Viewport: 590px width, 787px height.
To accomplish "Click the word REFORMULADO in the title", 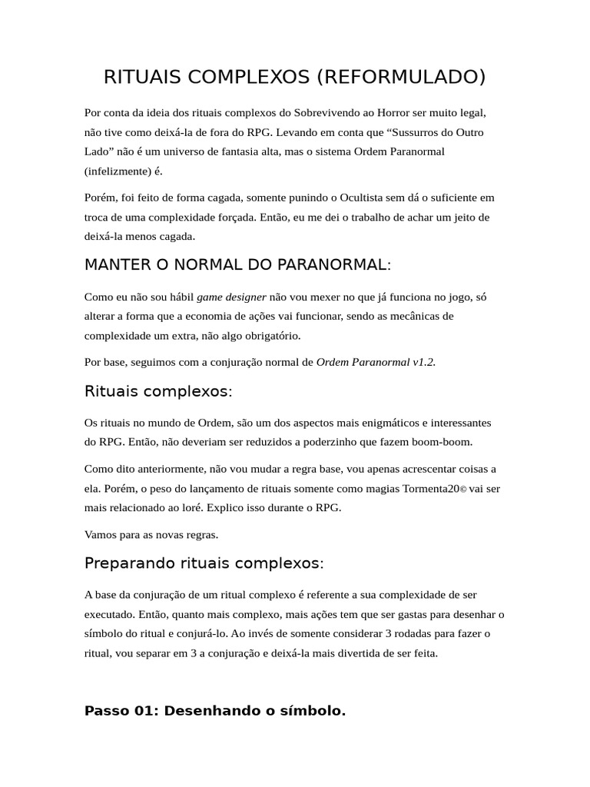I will coord(400,77).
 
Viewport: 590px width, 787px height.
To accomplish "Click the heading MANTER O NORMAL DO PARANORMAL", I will coord(237,265).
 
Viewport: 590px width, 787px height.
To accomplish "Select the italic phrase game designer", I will coord(231,297).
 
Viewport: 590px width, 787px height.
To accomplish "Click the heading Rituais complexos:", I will coord(158,391).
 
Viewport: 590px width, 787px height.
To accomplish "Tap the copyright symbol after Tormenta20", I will coord(463,489).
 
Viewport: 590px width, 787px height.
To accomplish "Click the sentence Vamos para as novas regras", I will coord(151,534).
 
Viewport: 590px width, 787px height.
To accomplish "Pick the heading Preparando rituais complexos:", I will coord(204,563).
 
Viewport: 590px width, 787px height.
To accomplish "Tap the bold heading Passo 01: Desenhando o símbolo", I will coord(215,711).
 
